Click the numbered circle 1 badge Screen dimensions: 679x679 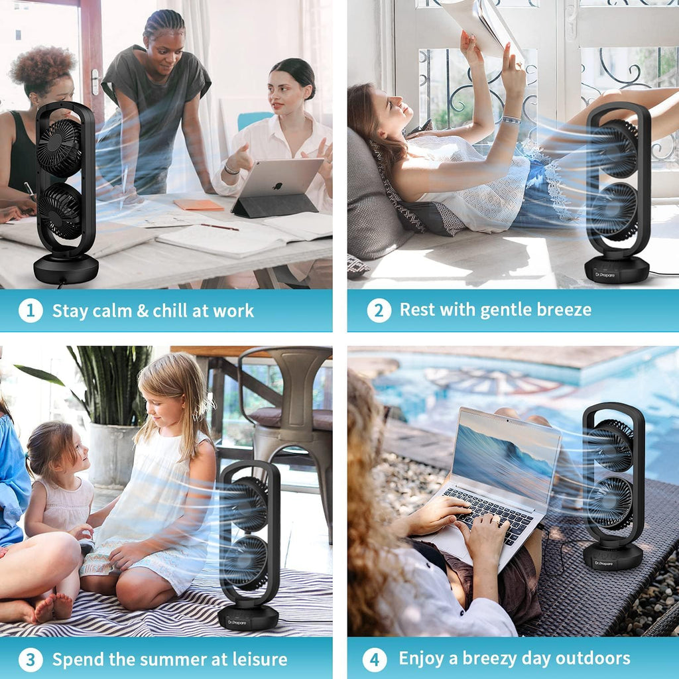(31, 310)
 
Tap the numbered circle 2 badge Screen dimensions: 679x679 (379, 310)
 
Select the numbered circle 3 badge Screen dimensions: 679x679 (31, 660)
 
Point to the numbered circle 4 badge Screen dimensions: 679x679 (375, 660)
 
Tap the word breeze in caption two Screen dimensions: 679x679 (564, 310)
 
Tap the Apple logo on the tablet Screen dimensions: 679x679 (277, 186)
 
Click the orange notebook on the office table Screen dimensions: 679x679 (198, 204)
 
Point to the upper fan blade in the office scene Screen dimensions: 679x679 (59, 148)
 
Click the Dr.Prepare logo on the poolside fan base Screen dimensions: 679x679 (603, 564)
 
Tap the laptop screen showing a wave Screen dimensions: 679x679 (505, 456)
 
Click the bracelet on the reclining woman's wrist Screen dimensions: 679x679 (511, 119)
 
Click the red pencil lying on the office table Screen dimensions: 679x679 (219, 227)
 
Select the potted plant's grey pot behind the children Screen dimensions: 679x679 (113, 455)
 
